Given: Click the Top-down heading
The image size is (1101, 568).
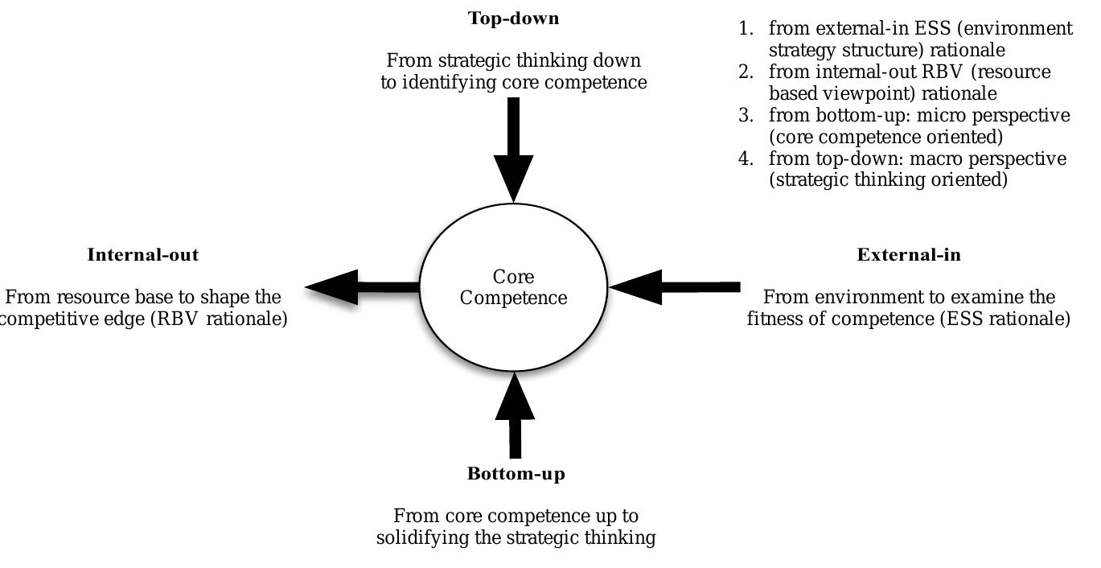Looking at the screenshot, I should point(513,19).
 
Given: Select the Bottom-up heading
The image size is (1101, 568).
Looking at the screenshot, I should point(516,474).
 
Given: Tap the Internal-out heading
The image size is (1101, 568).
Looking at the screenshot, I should point(142,255).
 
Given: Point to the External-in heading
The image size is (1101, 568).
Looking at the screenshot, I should point(909,255).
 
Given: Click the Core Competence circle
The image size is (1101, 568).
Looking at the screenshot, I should point(514,287).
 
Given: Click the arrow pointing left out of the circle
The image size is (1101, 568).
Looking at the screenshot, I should point(362,287).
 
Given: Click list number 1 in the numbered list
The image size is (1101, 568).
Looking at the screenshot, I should point(746,29).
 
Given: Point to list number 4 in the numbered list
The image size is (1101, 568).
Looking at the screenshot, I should point(746,158).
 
